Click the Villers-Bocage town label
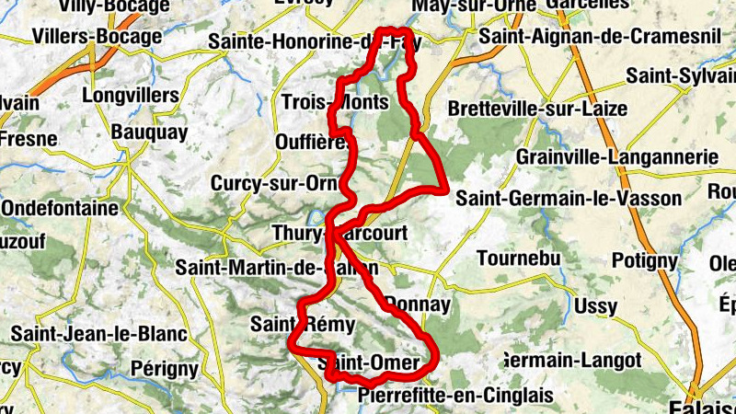(97, 37)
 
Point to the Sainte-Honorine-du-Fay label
(308, 41)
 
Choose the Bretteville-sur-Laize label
(538, 109)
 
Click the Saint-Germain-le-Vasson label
(569, 198)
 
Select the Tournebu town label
(519, 259)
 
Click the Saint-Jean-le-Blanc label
(98, 333)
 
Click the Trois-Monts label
(335, 101)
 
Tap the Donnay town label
(419, 304)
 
